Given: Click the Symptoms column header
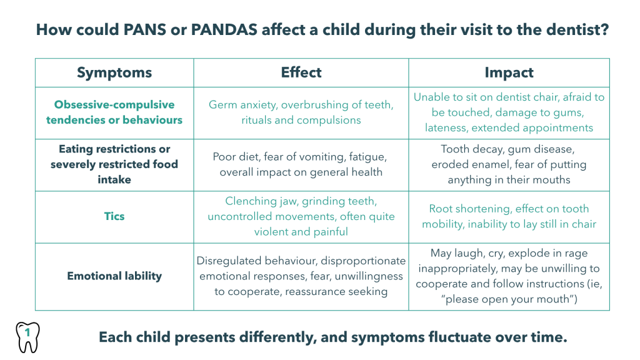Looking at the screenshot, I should point(114,72).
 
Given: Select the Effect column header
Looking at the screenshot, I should point(301,72).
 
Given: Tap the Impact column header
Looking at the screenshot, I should point(509,72).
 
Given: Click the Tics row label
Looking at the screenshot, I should point(114,216).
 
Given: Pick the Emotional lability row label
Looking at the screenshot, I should point(114,276).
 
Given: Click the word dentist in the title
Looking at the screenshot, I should point(569,29).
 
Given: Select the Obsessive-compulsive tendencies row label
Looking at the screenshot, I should point(114,112).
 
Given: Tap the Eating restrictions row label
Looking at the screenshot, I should point(114,164).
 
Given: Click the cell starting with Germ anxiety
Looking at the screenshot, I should point(301,112).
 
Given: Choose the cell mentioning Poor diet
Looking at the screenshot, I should point(301,164).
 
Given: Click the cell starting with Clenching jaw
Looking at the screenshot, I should point(301,216).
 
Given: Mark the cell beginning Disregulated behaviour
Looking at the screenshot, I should point(301,276).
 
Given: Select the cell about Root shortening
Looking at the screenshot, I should point(509,216).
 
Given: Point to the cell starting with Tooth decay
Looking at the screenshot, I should point(509,164).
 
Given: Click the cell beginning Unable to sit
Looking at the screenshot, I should point(509,112).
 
